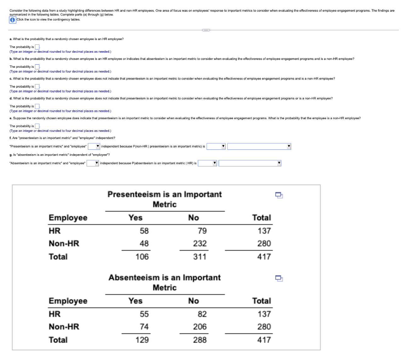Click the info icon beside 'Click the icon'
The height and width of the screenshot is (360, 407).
point(12,20)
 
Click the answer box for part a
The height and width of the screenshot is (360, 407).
point(37,47)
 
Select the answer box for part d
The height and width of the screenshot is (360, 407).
point(37,106)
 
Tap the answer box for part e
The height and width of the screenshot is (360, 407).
point(37,126)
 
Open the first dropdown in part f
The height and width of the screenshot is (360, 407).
point(94,146)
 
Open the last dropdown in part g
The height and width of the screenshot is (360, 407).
point(249,163)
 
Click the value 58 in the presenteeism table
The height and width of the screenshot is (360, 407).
point(144,231)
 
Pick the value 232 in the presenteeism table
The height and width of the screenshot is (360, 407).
point(200,244)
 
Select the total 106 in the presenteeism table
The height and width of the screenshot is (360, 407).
point(142,257)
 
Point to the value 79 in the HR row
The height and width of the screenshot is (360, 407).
point(202,231)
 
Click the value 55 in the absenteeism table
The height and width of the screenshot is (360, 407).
point(144,314)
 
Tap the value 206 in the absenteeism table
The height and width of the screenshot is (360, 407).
point(200,327)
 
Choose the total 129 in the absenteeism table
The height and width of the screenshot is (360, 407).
point(142,340)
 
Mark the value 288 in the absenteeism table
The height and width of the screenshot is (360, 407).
point(200,340)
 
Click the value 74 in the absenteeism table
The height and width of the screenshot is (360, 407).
point(144,327)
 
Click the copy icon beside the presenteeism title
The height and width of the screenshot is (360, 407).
point(279,195)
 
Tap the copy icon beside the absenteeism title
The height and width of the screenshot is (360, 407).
point(279,278)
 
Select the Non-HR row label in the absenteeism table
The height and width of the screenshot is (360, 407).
point(64,327)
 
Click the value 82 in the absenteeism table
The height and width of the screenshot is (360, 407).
point(202,314)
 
